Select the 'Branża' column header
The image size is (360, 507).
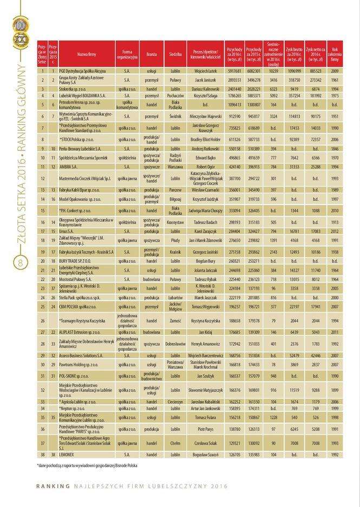click(x=152, y=55)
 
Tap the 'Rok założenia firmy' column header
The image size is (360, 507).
click(x=335, y=55)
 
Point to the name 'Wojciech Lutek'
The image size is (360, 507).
click(x=205, y=71)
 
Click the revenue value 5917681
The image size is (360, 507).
click(x=234, y=71)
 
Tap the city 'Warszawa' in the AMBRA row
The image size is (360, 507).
click(x=175, y=167)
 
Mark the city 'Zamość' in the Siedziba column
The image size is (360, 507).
click(x=175, y=321)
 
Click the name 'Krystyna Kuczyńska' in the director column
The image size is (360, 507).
click(x=205, y=321)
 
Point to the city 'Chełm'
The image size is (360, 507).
click(x=175, y=443)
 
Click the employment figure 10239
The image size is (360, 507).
click(x=273, y=71)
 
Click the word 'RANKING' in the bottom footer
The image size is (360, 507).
click(x=53, y=486)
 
